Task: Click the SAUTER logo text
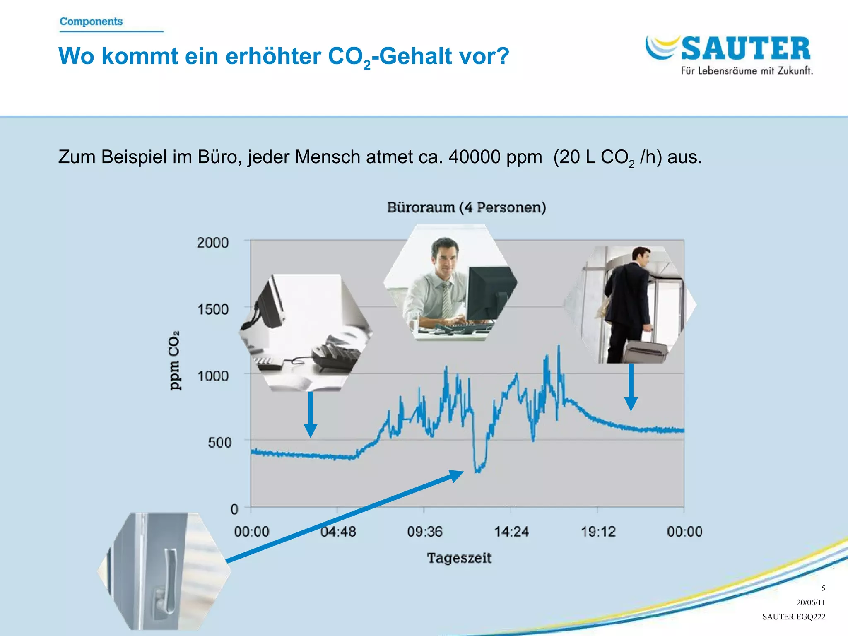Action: (745, 49)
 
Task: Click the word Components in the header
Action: (91, 22)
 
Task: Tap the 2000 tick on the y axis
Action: (212, 242)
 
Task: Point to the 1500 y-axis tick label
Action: (213, 309)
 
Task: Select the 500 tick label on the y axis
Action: (219, 442)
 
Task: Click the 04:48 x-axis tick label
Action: (338, 532)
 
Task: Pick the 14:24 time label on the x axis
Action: (511, 532)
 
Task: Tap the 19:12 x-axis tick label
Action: (598, 532)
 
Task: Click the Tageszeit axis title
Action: (459, 558)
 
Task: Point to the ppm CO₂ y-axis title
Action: (174, 360)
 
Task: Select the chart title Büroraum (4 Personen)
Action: (466, 207)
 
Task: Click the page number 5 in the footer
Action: (823, 588)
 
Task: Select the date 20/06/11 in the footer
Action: (810, 602)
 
